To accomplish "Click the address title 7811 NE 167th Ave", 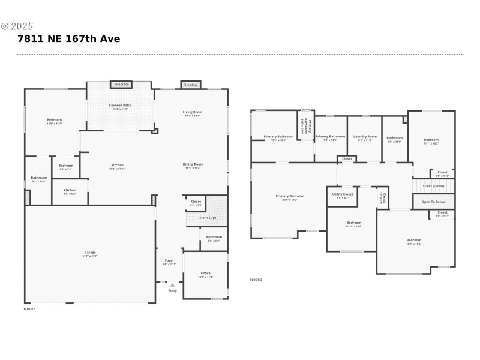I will (69, 39).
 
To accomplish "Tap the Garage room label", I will (90, 253).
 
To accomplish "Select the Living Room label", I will (193, 112).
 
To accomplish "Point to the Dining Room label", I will (193, 164).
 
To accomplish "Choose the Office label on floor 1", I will (205, 274).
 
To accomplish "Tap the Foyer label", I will (169, 261).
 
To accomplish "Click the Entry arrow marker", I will (173, 285).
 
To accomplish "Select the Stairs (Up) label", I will (208, 217).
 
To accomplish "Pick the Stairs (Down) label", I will (433, 186).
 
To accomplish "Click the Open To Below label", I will (433, 202).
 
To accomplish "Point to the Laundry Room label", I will (365, 137).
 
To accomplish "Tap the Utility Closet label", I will (343, 194).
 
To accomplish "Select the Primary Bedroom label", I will (290, 196).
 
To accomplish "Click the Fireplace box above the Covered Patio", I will (122, 85).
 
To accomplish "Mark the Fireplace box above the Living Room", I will (190, 85).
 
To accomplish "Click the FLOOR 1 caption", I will (29, 309).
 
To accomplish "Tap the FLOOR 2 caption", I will (256, 280).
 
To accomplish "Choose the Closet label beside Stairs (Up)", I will (196, 202).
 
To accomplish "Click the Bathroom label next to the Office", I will (214, 237).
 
